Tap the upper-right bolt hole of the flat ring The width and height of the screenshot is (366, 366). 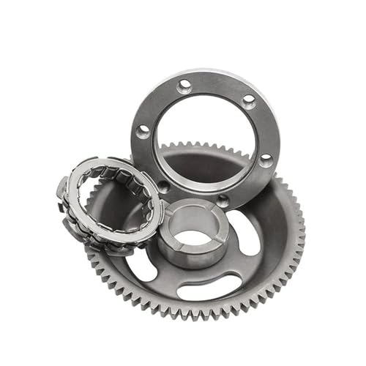[249, 99]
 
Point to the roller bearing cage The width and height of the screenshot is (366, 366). [110, 201]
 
